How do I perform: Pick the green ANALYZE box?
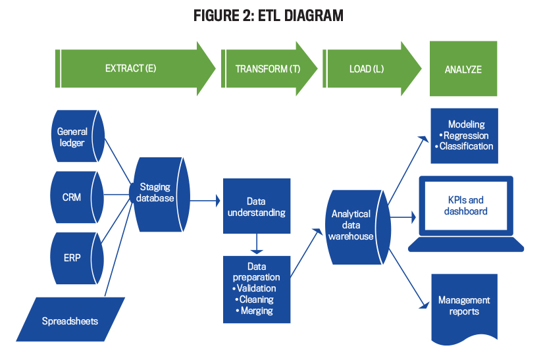point(463,68)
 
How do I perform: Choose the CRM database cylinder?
point(77,197)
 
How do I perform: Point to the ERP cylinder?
point(77,258)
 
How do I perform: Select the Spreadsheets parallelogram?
point(70,319)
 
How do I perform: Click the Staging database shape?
point(159,195)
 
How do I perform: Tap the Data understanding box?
point(257,206)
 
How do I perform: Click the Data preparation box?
point(257,290)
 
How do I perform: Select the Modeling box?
point(465,136)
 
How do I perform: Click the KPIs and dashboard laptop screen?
point(466,205)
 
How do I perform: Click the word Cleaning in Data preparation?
point(257,299)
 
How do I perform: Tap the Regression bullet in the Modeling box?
point(466,136)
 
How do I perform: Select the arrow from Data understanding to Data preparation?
point(257,244)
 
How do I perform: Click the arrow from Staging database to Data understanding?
point(205,201)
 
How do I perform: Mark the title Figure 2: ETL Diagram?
point(269,16)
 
